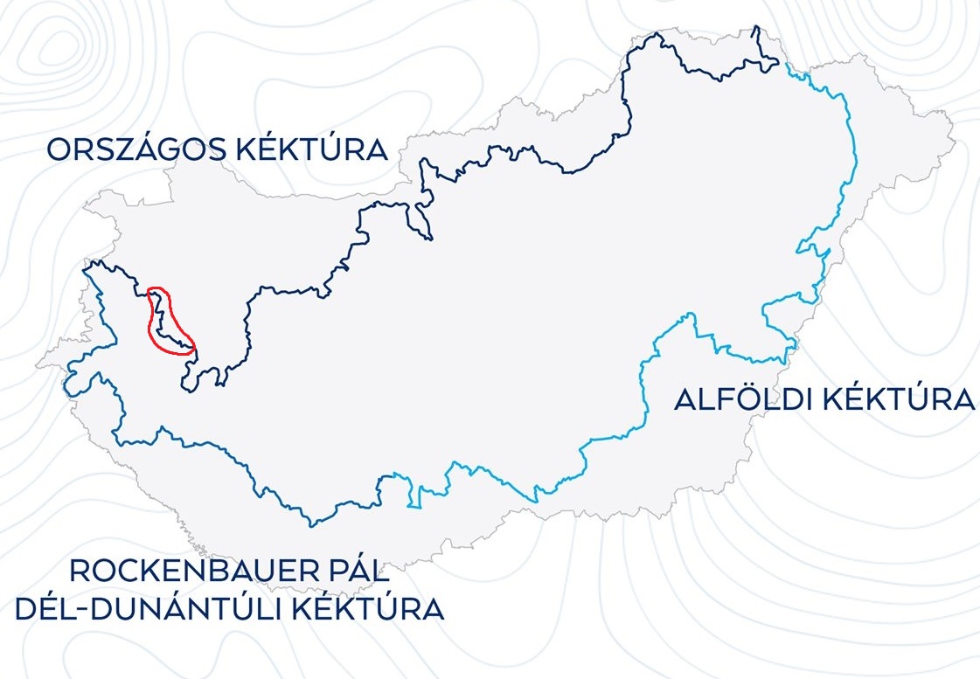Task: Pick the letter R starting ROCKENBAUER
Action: click(x=80, y=572)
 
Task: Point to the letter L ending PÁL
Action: click(x=383, y=572)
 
